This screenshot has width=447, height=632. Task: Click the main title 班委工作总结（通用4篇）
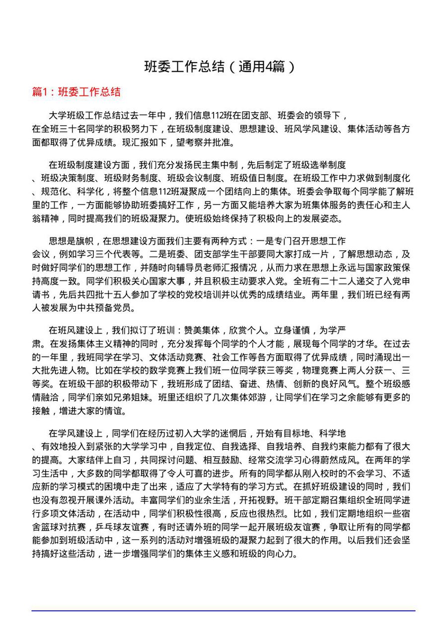220,66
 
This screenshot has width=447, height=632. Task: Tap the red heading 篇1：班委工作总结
76,92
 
